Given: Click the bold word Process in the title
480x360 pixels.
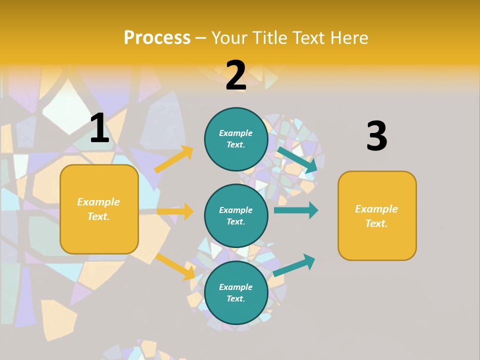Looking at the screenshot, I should tap(157, 37).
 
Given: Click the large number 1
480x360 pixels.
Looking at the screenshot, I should tap(99, 128).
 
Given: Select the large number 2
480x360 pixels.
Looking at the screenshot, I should tap(236, 75).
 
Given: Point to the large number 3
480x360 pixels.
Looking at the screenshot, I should tap(376, 136).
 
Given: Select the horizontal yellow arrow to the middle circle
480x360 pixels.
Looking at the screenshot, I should tap(175, 211).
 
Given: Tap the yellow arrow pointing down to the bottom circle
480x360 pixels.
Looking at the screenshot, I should tap(175, 266).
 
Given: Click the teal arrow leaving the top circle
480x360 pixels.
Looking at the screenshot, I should tap(297, 159).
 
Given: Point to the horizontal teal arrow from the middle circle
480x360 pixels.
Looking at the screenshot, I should tap(296, 210).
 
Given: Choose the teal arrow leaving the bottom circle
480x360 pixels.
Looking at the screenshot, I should tap(294, 265).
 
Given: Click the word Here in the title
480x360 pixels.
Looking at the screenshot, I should tap(350, 37).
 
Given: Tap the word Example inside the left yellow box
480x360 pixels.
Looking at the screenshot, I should tap(98, 202).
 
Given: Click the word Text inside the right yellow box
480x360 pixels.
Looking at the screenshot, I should tap(375, 223).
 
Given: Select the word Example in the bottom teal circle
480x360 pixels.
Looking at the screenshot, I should tap(235, 287).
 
